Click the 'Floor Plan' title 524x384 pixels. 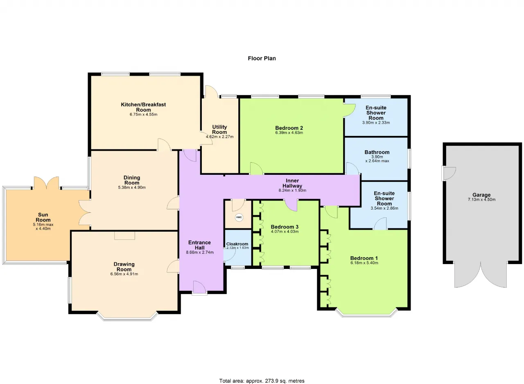point(262,58)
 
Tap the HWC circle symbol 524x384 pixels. point(239,217)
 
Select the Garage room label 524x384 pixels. point(481,195)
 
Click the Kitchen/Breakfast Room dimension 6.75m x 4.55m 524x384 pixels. point(143,115)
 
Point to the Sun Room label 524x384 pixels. point(43,217)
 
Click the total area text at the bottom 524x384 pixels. point(262,381)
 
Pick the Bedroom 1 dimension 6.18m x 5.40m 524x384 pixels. point(364,263)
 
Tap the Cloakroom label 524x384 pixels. point(237,244)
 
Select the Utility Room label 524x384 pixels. point(219,129)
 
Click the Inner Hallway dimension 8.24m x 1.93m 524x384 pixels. point(292,190)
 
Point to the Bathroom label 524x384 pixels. point(377,152)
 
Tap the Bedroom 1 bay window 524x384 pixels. point(366,313)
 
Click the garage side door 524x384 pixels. point(448,173)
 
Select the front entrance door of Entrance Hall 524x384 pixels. point(199,288)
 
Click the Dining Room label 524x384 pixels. point(132,180)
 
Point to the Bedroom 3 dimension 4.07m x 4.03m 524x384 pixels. point(285,232)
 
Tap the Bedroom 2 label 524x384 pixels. point(289,128)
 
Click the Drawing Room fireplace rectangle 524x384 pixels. point(124,235)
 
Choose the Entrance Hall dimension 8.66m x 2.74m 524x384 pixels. point(200,252)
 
